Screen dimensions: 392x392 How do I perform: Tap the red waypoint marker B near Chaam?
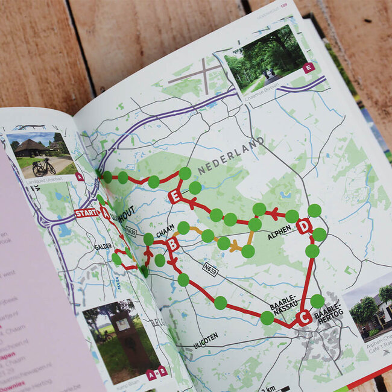coord(172,245)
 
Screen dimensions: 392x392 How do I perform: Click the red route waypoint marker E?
coord(175,196)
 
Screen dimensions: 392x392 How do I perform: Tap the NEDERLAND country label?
coord(230,156)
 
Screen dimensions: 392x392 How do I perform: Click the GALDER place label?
coord(103,247)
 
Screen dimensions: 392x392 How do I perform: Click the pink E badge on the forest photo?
coord(309,67)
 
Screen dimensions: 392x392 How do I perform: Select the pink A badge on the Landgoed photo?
coord(80,177)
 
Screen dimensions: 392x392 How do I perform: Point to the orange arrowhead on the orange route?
coord(235,247)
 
